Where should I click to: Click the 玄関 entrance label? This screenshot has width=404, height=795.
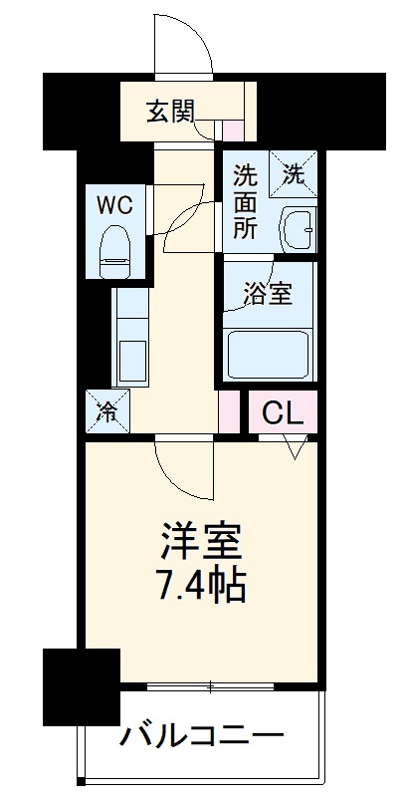tap(171, 111)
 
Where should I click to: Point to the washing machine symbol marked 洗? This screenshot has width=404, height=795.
tap(295, 173)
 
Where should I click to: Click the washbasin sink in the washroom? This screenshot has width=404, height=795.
tap(296, 230)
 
